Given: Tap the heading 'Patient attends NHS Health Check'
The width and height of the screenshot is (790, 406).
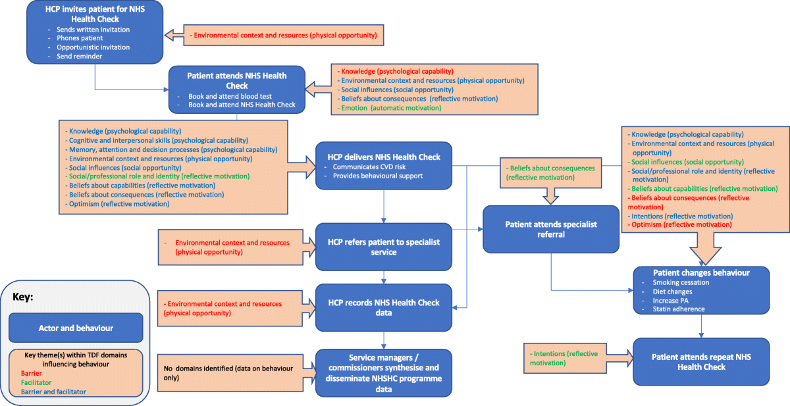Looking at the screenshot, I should point(237,80).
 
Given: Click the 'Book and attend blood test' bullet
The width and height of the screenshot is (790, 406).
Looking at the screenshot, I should point(230,96).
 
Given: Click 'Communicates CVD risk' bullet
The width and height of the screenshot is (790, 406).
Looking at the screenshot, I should point(374,167).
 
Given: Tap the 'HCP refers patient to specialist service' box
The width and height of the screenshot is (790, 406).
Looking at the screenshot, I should point(384,247).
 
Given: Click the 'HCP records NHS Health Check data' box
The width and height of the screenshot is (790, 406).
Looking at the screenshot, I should point(384,307).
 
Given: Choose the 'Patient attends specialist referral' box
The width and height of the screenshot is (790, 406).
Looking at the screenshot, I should point(551,229).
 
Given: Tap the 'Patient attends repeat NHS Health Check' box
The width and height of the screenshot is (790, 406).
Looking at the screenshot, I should point(700,361).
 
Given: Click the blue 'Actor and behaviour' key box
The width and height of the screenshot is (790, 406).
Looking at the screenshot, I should point(76,328).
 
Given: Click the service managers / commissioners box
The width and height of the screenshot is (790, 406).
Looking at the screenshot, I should point(384,372).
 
